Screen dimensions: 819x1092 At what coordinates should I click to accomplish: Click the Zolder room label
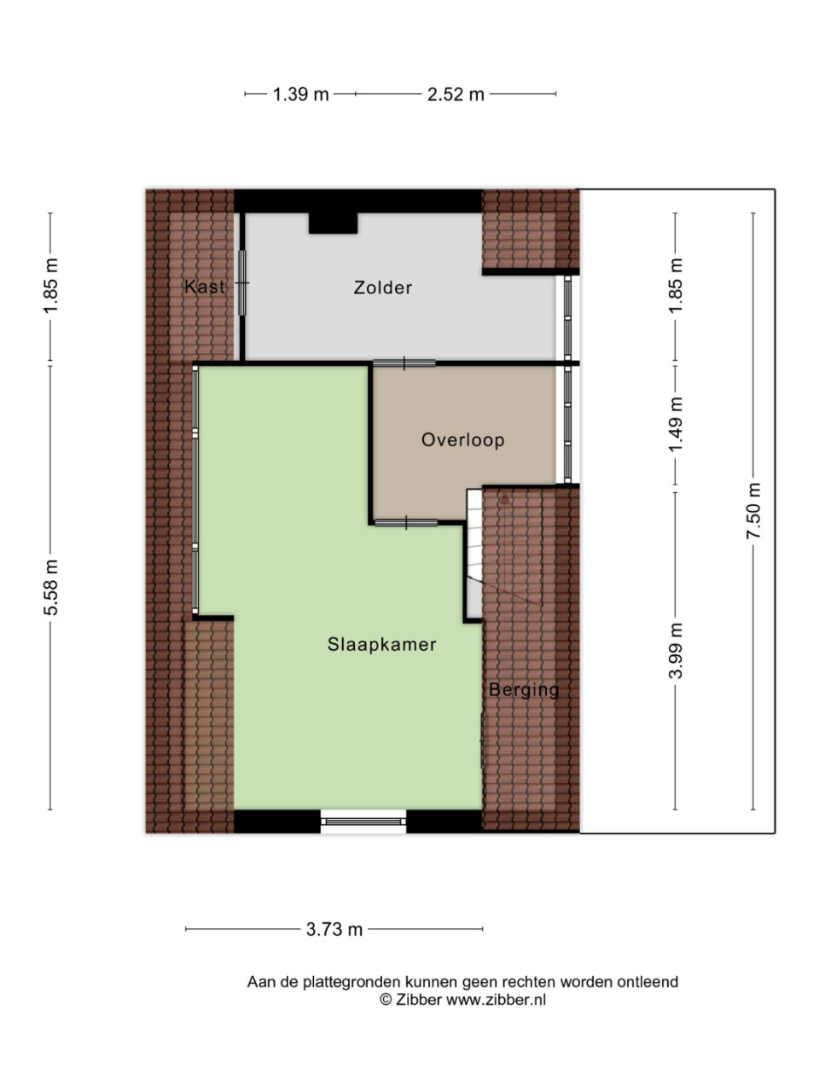point(382,288)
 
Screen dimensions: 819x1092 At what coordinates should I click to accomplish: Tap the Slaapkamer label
point(381,644)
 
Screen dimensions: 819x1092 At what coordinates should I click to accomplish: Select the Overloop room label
point(462,439)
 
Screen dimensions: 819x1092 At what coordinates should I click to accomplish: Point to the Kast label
point(205,287)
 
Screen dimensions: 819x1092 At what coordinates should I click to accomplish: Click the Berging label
point(524,690)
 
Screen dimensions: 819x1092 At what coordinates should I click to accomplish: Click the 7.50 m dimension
point(752,511)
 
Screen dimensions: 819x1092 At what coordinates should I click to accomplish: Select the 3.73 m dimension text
point(334,929)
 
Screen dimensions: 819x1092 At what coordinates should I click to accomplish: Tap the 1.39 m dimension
point(301,94)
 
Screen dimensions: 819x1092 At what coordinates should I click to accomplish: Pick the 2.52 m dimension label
point(456,94)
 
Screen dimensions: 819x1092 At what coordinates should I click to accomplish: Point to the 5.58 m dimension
point(50,588)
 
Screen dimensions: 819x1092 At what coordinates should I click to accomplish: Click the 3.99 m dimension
point(676,651)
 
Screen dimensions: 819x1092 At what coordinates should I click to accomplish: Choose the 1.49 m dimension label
point(676,424)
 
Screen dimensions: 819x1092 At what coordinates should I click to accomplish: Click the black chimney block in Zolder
point(333,223)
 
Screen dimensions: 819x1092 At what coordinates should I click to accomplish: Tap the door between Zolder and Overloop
point(404,363)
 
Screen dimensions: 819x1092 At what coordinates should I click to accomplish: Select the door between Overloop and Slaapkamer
point(406,522)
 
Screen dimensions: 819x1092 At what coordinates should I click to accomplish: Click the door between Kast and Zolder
point(242,282)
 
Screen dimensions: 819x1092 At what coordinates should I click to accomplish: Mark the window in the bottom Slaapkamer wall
point(363,822)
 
